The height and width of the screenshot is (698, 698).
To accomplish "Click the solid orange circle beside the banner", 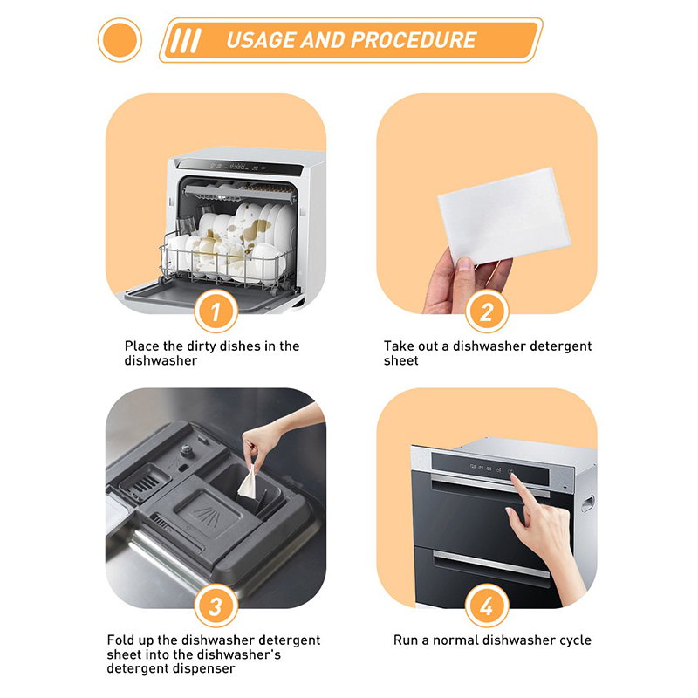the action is tap(120, 40).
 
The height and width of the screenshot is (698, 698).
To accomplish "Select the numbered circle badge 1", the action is tap(216, 311).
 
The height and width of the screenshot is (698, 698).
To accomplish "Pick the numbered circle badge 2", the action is tap(487, 311).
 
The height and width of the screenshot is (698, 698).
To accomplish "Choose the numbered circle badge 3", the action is tap(216, 606).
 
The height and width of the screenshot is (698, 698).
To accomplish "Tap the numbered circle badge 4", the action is tap(487, 606).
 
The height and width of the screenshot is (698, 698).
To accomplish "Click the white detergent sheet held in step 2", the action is tap(504, 216).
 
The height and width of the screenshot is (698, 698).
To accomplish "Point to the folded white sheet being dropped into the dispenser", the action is tap(248, 482).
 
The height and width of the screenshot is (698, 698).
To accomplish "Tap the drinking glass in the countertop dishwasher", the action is tap(187, 225).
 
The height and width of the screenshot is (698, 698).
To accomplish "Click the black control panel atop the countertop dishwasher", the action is tap(241, 168).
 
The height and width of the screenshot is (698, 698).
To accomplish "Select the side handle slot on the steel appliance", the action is tap(587, 503).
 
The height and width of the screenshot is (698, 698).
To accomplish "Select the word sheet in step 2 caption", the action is tap(401, 360).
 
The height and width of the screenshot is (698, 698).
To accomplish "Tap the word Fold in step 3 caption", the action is tap(120, 640).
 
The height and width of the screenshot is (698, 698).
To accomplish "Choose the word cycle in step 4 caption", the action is tap(575, 640).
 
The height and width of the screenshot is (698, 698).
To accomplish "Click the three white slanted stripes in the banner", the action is tap(186, 40).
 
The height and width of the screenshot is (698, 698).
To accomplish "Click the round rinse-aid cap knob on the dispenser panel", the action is tap(188, 451).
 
